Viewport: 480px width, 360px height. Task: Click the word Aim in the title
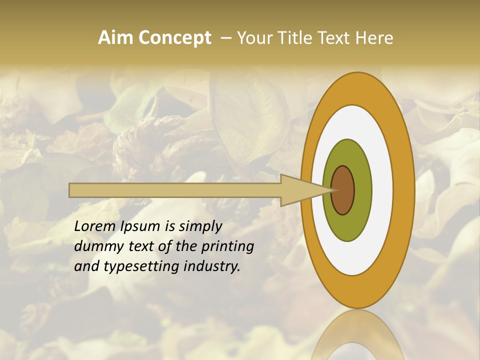click(x=115, y=38)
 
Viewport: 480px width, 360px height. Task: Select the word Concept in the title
click(x=174, y=38)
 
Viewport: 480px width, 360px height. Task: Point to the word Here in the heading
click(x=375, y=38)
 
